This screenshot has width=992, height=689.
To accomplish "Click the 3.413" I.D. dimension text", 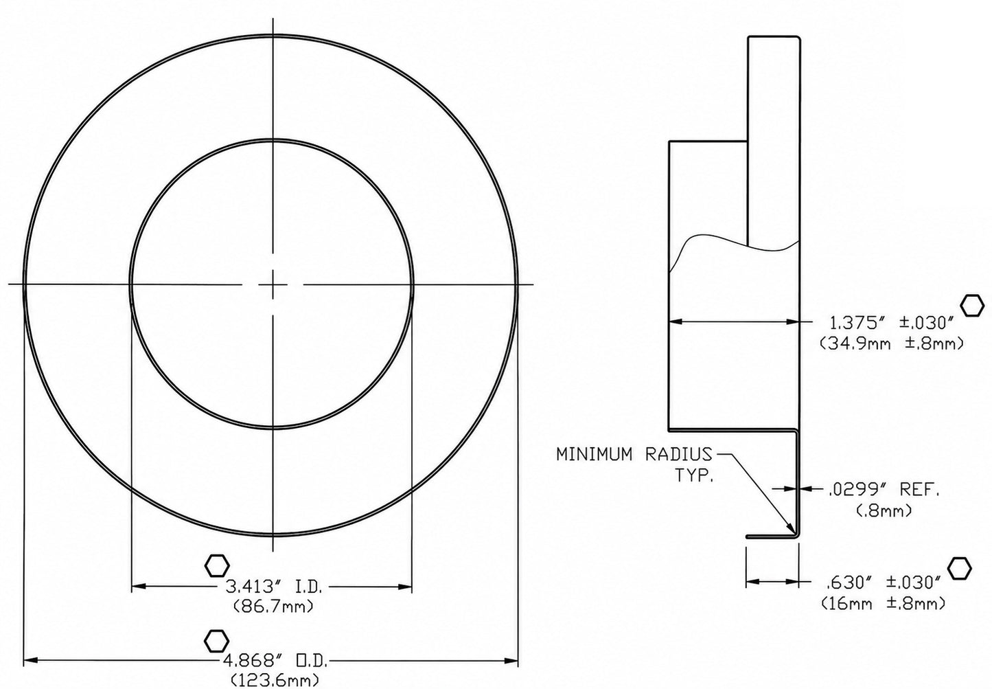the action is click(x=274, y=587).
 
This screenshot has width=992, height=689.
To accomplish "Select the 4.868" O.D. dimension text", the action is click(x=275, y=662).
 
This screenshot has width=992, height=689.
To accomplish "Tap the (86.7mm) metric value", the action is click(x=273, y=606).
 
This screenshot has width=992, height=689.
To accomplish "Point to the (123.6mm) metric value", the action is click(x=275, y=680).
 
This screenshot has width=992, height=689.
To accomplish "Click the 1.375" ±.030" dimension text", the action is click(x=890, y=323).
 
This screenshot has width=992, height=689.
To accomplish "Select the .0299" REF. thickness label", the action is click(x=883, y=490).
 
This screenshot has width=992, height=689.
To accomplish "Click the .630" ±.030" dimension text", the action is click(x=884, y=583).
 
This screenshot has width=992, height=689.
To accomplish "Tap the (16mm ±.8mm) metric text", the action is click(x=883, y=603).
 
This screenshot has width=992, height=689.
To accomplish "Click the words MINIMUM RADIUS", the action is click(x=634, y=455).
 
